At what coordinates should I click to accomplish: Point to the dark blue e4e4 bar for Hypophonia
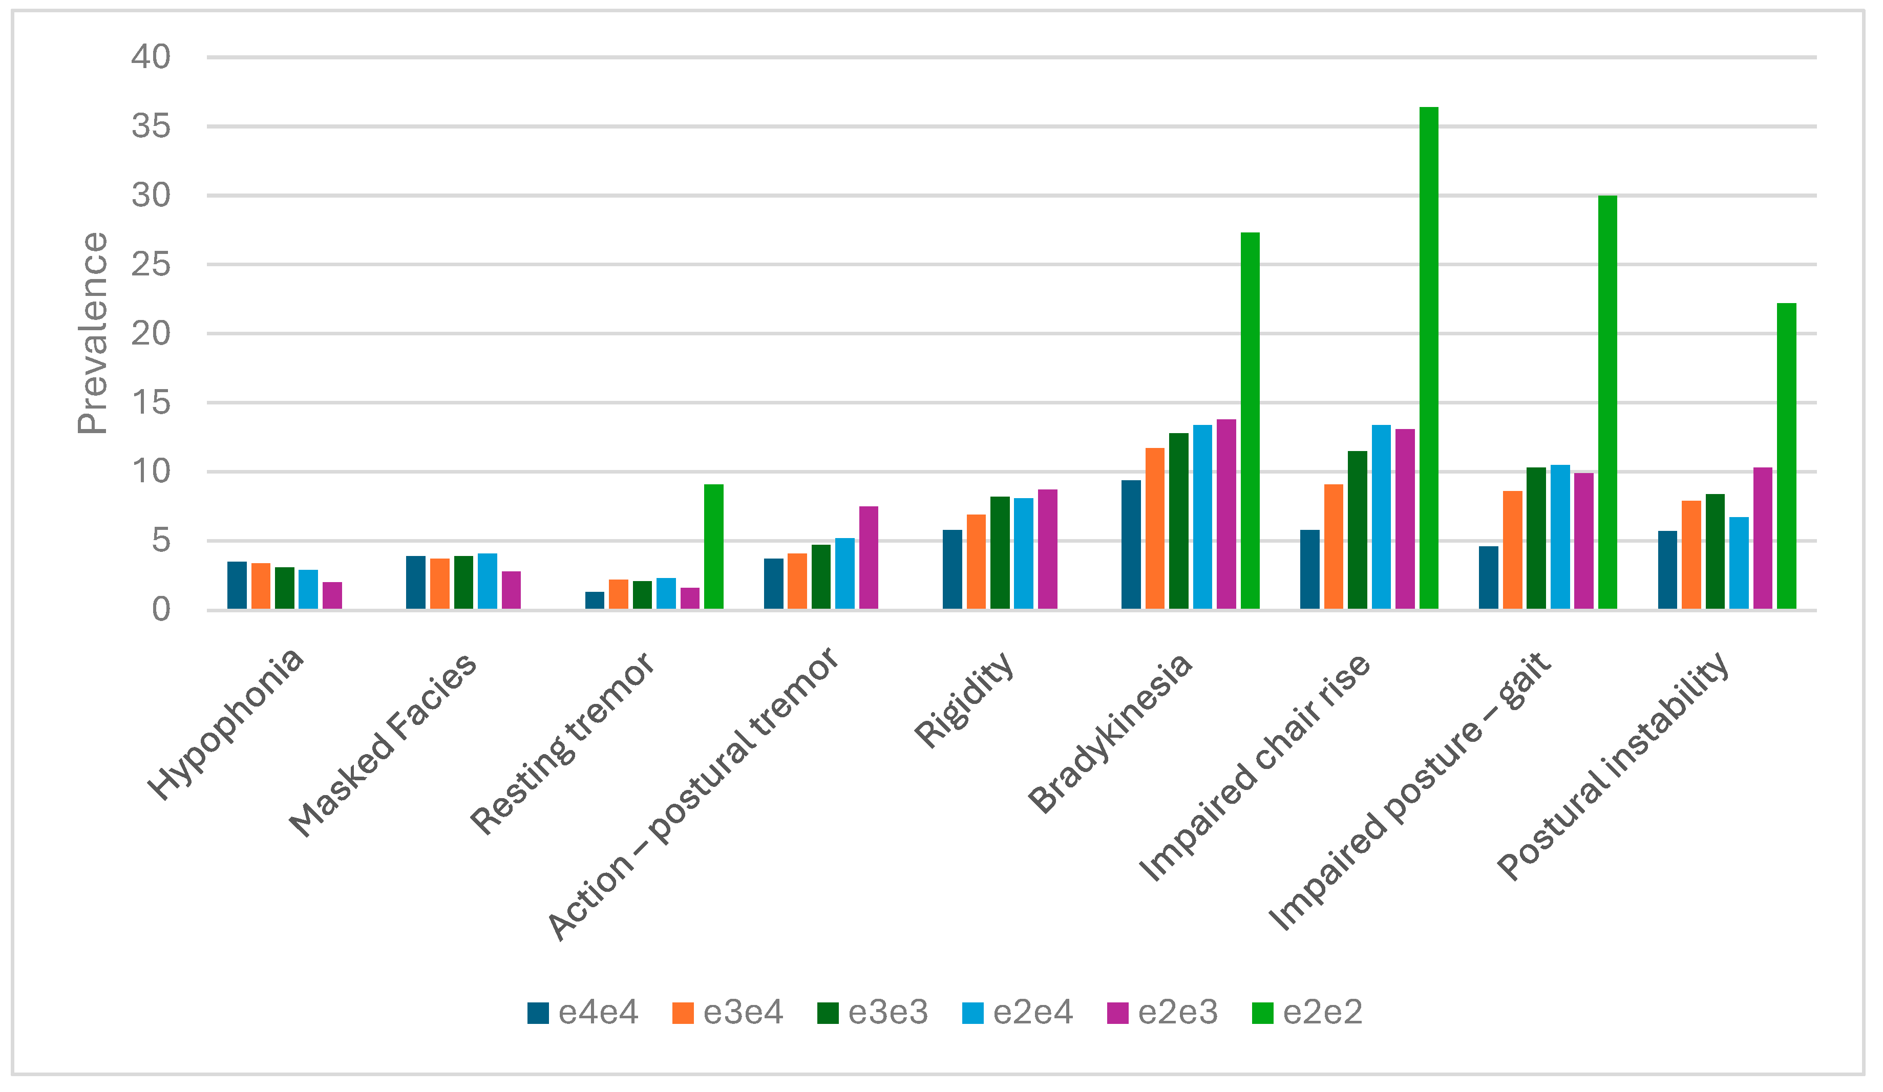tap(237, 586)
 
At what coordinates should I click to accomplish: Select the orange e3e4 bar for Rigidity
tap(976, 562)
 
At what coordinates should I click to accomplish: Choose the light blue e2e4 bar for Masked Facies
tap(487, 581)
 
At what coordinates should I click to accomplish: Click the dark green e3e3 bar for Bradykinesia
tap(1178, 521)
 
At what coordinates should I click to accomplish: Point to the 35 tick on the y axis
tap(151, 126)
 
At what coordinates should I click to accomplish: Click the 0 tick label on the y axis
tap(161, 610)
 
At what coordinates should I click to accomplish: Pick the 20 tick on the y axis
tap(151, 333)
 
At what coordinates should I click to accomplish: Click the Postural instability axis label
tap(1614, 765)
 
